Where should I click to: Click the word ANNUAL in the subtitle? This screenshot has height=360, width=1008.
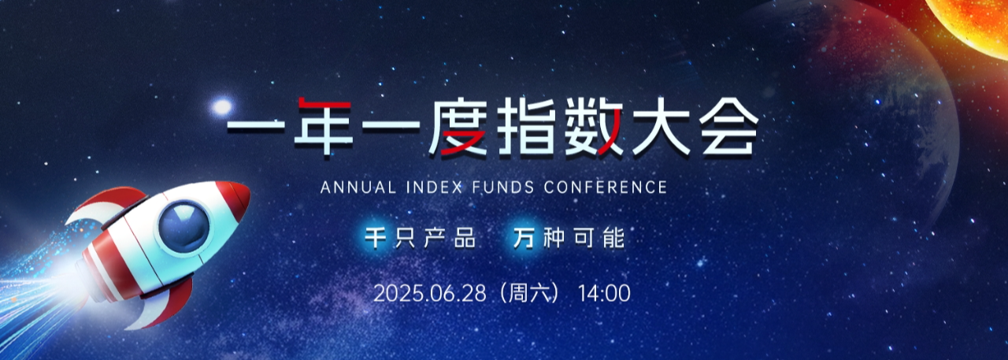pos(358,187)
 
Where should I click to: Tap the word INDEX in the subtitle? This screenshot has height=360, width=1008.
pos(434,187)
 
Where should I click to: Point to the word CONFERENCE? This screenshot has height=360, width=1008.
pos(606,187)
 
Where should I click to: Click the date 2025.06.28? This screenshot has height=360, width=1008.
pos(430,294)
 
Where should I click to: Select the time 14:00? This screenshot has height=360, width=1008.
pos(604,294)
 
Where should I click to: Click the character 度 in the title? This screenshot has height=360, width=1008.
pos(458,127)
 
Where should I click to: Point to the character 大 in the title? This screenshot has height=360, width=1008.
pos(661,127)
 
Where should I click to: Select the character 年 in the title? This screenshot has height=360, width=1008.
pos(323,127)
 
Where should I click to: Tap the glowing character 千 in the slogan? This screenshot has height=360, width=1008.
pos(375,238)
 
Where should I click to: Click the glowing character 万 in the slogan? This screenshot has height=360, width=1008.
pos(524,238)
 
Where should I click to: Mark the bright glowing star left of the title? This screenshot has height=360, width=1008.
pos(221,106)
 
